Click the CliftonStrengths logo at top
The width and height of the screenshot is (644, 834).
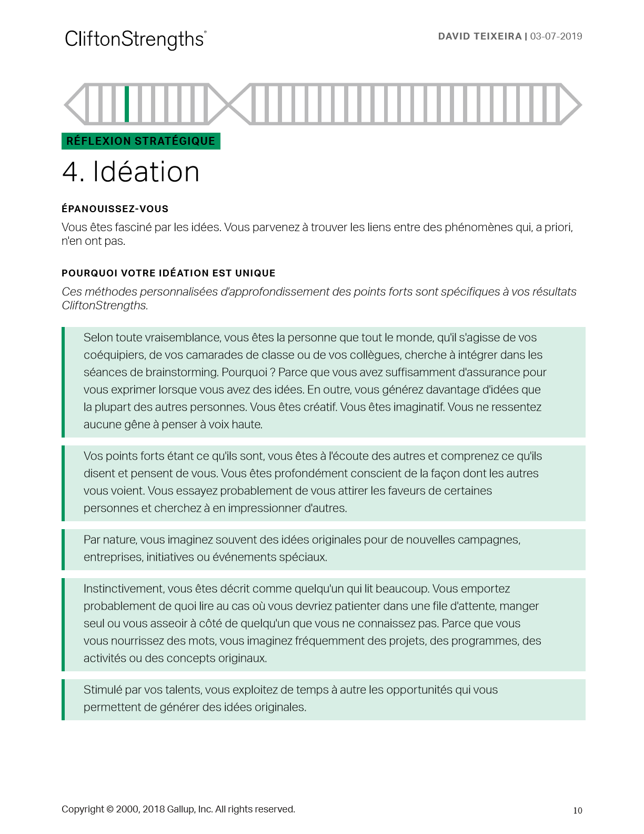tap(135, 39)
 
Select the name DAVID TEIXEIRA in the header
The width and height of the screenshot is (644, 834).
tap(479, 36)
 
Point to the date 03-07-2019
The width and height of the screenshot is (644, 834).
tap(556, 36)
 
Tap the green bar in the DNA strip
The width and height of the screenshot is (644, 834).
tap(127, 104)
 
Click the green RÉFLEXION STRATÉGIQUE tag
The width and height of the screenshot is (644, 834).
tap(140, 141)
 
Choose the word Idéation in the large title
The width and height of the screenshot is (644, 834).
tap(146, 172)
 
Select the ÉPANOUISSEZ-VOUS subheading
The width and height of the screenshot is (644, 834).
tap(115, 209)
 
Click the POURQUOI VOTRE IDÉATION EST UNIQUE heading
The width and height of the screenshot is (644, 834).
tap(168, 273)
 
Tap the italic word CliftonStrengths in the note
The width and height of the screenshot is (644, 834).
tap(104, 305)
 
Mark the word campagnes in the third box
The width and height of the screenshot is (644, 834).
tap(488, 540)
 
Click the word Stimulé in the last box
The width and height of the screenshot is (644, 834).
tap(102, 690)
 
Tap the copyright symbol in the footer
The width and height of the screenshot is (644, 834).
tap(110, 809)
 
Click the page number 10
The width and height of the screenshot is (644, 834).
tap(577, 811)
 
